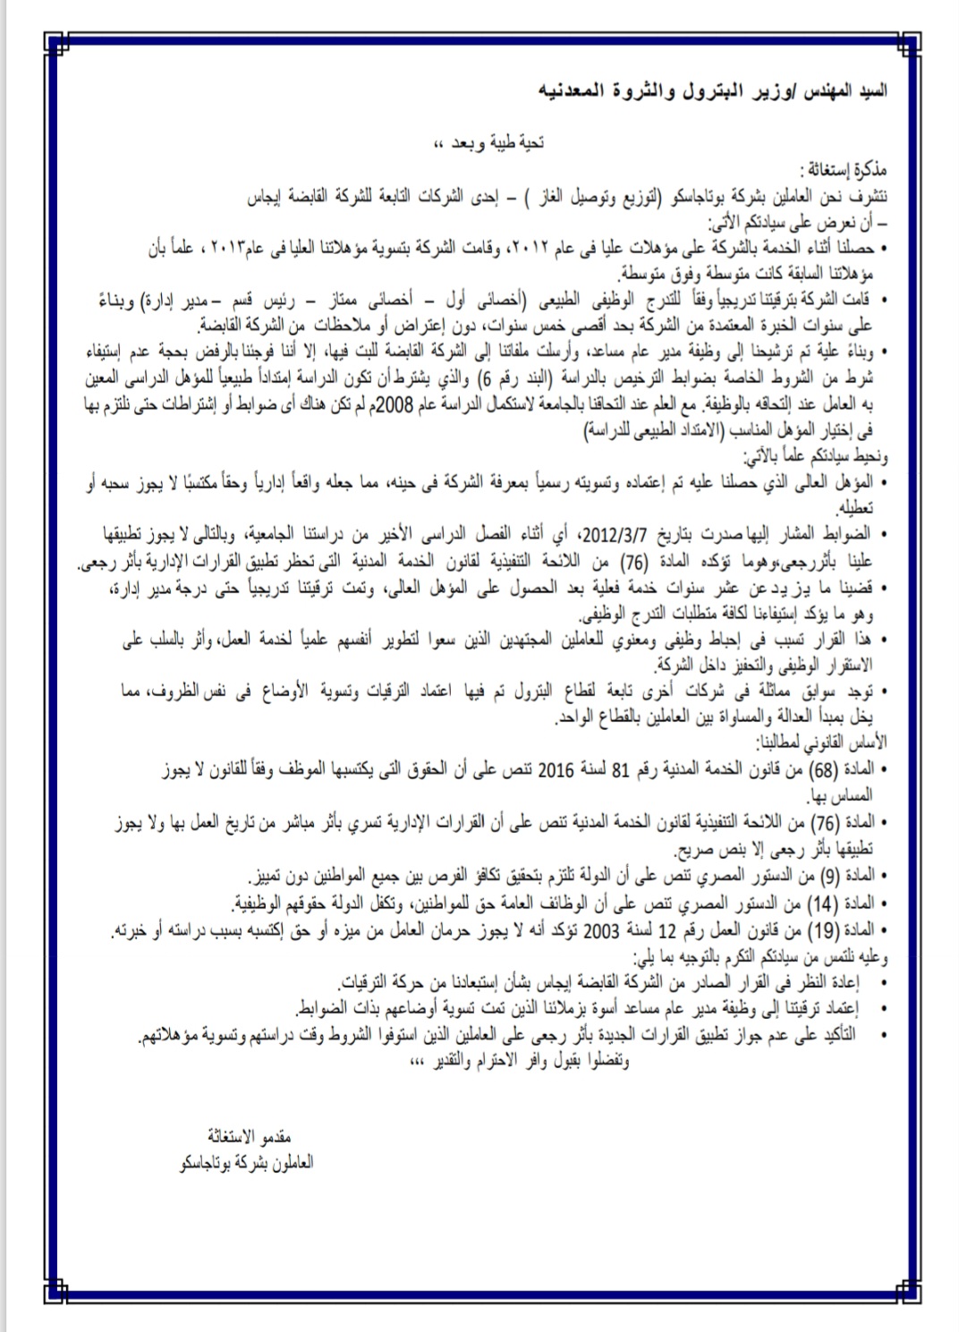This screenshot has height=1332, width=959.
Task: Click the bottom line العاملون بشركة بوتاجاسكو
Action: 246,1164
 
